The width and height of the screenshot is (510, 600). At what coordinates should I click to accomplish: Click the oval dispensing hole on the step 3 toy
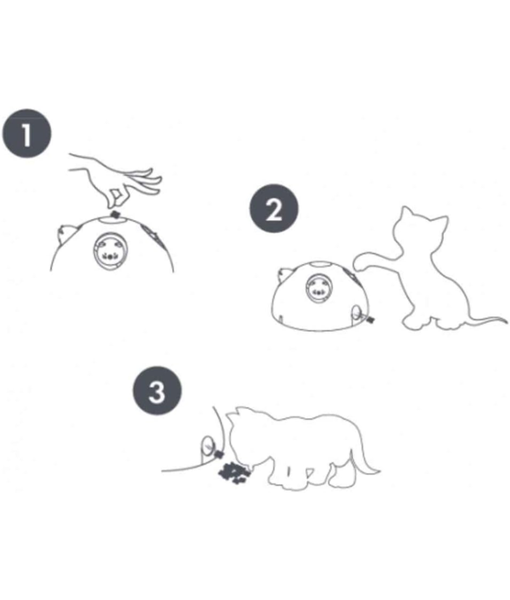pos(206,447)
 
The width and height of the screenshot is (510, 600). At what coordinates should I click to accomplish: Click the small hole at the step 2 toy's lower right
pos(355,315)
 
